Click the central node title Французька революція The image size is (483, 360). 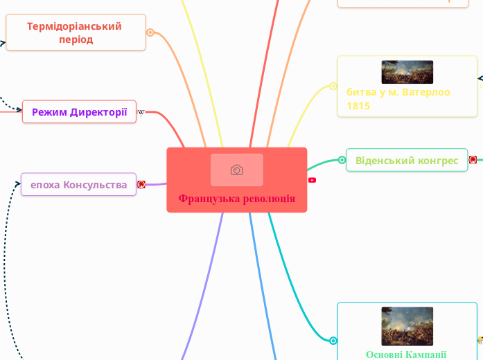[236, 199]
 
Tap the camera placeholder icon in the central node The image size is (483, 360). [236, 170]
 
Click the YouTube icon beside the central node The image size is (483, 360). [312, 180]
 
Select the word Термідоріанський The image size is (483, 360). [74, 26]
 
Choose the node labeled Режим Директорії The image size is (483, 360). [79, 111]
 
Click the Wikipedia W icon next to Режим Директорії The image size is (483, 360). [141, 111]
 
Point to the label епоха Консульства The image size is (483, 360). [78, 184]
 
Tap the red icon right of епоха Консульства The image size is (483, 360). [141, 184]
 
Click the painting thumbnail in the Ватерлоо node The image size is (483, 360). [407, 72]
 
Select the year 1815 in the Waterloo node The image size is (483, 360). [358, 106]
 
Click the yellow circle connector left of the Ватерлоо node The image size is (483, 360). [333, 87]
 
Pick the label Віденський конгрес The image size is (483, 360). [406, 160]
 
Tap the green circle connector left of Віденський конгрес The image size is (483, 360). [342, 160]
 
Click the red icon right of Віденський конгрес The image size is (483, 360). [473, 160]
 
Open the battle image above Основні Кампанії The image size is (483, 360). [407, 325]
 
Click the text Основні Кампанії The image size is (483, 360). [406, 354]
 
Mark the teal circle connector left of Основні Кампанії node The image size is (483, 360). [333, 341]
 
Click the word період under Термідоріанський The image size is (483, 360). [76, 39]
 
